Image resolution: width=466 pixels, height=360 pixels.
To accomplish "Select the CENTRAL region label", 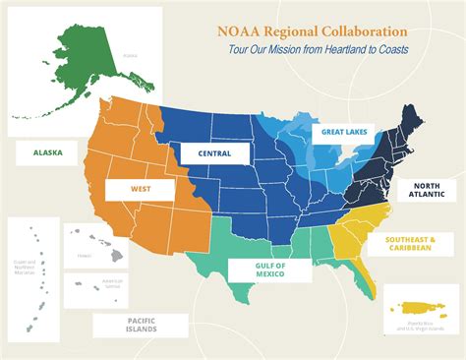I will (x=214, y=153).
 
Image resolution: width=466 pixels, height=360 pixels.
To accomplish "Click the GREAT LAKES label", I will (x=343, y=131).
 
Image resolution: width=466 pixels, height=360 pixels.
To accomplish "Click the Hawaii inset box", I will (x=96, y=245).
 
